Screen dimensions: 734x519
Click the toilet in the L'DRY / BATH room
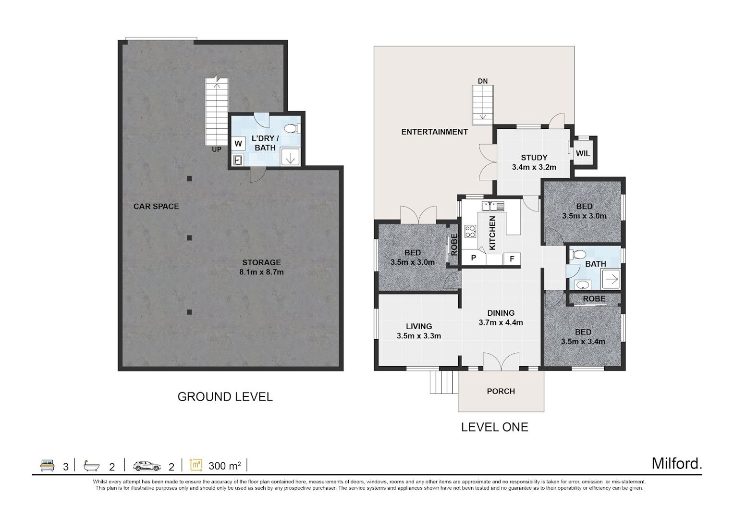coord(292,128)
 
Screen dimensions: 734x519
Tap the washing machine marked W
coord(238,143)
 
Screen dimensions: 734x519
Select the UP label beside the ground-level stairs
coord(217,149)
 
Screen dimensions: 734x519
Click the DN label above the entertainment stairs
coord(483,81)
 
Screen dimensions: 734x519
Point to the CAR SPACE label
coord(156,206)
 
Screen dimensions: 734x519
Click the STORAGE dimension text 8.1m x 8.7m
coord(261,272)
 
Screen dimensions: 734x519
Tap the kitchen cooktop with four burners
coord(471,231)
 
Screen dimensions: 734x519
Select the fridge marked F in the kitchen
coord(512,259)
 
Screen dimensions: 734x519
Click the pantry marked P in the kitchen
coord(474,258)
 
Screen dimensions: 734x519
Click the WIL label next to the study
coord(583,153)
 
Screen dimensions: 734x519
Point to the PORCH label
coord(501,392)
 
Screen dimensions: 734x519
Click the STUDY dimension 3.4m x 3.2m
coord(534,167)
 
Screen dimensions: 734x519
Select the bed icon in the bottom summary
coord(48,466)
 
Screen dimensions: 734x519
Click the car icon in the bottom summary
coord(147,466)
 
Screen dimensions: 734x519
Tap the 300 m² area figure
coord(225,466)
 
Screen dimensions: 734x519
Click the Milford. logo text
coord(677,464)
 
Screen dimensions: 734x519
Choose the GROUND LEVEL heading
coord(225,397)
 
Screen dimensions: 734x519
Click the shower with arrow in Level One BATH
coord(611,280)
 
